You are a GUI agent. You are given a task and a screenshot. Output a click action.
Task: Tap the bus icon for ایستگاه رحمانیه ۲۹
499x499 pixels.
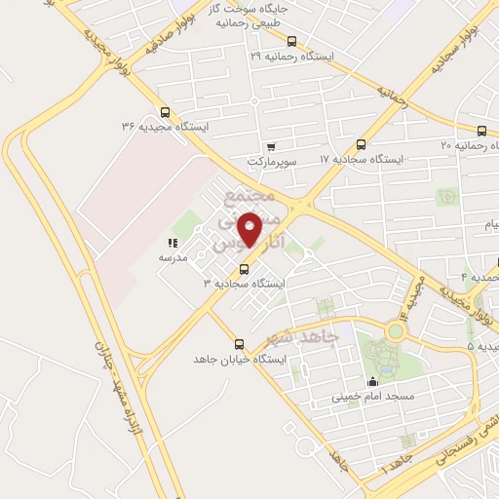pos(306,41)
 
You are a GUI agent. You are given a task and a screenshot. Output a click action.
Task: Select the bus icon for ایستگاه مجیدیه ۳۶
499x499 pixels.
pos(164,111)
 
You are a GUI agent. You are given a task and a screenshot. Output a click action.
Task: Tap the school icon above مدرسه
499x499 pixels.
pos(173,244)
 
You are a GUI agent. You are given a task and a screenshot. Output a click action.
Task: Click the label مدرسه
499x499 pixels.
pos(173,257)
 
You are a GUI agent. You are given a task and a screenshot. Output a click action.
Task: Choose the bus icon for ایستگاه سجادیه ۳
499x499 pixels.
pos(243,268)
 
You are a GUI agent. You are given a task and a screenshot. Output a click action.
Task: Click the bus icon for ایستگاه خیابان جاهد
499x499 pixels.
pos(240,344)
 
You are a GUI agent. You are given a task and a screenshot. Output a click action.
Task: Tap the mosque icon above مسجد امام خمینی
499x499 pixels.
pos(372,382)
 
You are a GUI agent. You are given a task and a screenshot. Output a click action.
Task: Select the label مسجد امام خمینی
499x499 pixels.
pos(373,397)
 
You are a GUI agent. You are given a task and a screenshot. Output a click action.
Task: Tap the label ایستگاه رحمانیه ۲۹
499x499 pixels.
pos(291,58)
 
